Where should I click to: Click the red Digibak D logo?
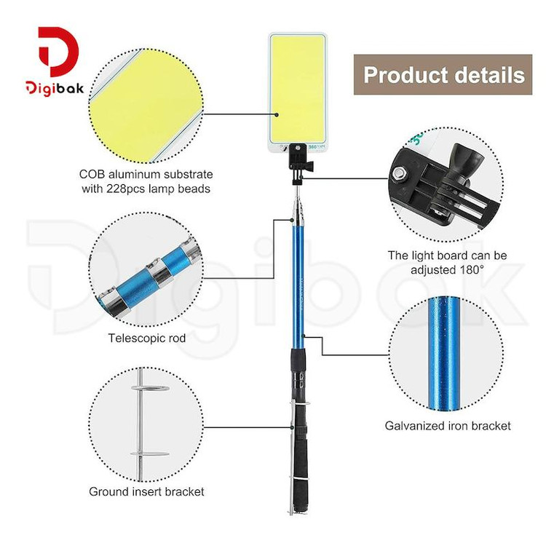[58, 51]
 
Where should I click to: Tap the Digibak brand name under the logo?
[55, 88]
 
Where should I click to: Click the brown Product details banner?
[443, 74]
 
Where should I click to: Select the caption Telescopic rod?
[146, 338]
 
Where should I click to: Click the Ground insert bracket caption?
[146, 491]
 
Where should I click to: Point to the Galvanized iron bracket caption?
[448, 426]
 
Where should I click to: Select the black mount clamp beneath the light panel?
[299, 164]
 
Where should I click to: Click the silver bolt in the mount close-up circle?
[399, 173]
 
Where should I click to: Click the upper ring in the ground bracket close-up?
[150, 388]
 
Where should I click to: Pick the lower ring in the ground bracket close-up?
[150, 454]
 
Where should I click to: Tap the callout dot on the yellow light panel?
[277, 114]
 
